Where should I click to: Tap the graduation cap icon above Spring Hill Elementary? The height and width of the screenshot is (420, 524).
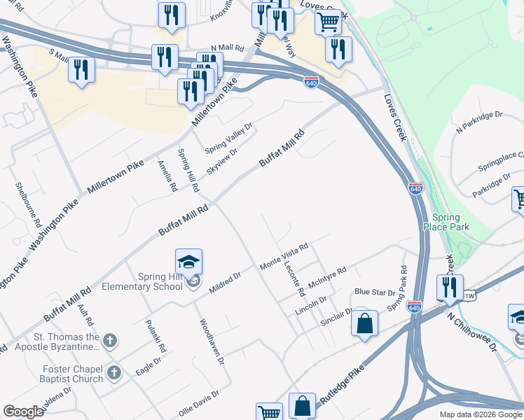point(188,262)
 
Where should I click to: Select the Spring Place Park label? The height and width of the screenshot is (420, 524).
point(446,222)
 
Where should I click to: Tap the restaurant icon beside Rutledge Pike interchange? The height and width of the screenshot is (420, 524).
point(450,287)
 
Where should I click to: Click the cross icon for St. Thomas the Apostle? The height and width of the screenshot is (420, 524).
point(109,340)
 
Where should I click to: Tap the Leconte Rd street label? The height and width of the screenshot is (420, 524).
point(294,277)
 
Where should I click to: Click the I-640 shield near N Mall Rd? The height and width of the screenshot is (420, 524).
point(312,83)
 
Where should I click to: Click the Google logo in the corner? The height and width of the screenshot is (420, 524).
point(23,412)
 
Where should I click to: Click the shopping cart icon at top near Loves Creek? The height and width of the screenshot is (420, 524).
point(328,22)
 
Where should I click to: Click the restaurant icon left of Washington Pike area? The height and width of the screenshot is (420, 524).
point(81,70)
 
